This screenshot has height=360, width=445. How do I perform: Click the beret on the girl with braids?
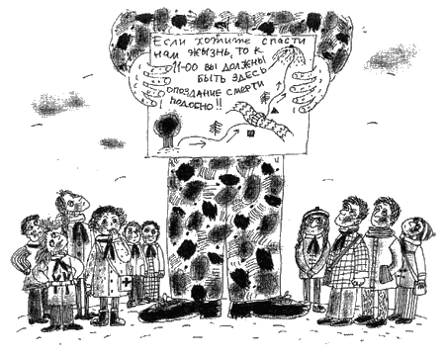pos(314,212)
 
